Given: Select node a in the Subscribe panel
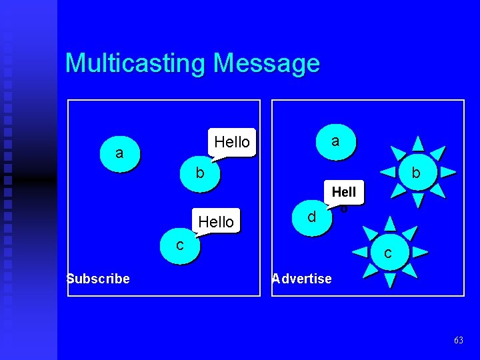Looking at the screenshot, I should click(x=119, y=153).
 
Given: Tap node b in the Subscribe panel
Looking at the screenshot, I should click(x=199, y=173).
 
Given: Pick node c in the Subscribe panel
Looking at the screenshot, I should click(x=179, y=245).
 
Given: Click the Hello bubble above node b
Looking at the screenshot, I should click(x=231, y=142).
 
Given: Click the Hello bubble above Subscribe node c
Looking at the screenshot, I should click(x=216, y=221).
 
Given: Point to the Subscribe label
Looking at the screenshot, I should click(x=99, y=279).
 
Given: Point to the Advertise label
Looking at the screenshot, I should click(x=302, y=279).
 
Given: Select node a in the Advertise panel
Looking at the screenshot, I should click(x=335, y=141).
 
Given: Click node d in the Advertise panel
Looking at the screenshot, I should click(x=311, y=217).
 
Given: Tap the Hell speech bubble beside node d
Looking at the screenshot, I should click(x=344, y=193).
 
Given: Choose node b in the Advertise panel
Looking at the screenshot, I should click(x=416, y=173).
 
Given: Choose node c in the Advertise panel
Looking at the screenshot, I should click(x=387, y=253).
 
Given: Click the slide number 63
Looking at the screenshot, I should click(x=458, y=340).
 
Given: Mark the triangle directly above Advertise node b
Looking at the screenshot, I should click(x=417, y=143).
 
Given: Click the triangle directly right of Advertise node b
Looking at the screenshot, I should click(x=447, y=172).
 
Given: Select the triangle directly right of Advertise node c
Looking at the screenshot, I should click(x=419, y=252).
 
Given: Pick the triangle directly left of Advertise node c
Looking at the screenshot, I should click(x=359, y=252).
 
